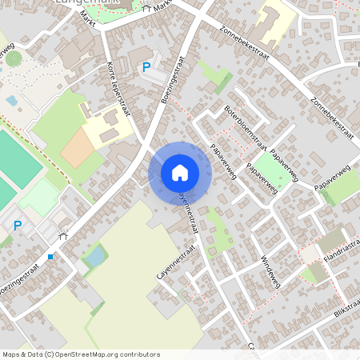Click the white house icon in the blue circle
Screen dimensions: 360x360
pyautogui.click(x=180, y=173)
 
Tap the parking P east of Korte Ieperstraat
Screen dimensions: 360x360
pyautogui.click(x=146, y=68)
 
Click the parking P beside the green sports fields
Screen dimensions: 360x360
pyautogui.click(x=18, y=226)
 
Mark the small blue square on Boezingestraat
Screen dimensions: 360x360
pyautogui.click(x=50, y=257)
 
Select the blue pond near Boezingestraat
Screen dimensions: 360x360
pyautogui.click(x=95, y=256)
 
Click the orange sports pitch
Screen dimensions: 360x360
pyautogui.click(x=78, y=148)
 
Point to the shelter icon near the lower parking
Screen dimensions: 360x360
pyautogui.click(x=63, y=235)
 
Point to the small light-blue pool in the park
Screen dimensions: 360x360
pyautogui.click(x=11, y=101)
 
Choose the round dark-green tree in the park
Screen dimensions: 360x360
pyautogui.click(x=14, y=58)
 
